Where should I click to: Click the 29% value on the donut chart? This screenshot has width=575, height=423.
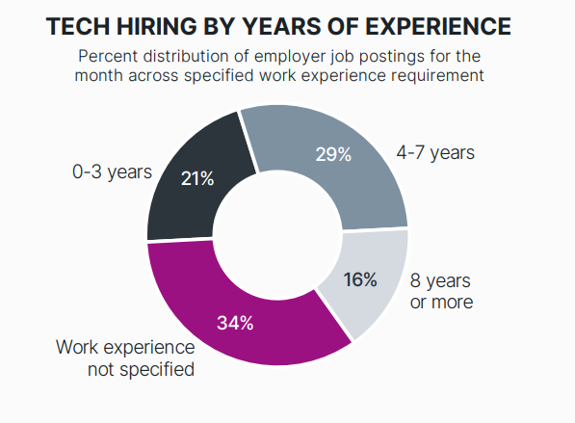[333, 154]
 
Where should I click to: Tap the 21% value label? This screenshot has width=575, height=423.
[197, 179]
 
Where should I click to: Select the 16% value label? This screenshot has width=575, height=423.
[360, 279]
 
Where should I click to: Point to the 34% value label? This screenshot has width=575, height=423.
[235, 323]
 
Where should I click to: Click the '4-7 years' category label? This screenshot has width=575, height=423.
[435, 152]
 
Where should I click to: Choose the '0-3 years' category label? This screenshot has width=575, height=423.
[113, 172]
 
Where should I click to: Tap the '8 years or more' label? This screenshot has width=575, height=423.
[441, 291]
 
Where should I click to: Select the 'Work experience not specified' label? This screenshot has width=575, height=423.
[125, 358]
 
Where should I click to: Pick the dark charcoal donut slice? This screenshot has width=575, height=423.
[191, 183]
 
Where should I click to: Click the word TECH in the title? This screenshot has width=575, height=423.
[78, 26]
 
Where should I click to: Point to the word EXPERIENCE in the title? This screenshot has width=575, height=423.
[438, 26]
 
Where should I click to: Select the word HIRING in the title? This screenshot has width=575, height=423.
[157, 26]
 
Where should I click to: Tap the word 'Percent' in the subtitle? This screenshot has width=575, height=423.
[108, 57]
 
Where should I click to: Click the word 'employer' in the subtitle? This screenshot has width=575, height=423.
[290, 57]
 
